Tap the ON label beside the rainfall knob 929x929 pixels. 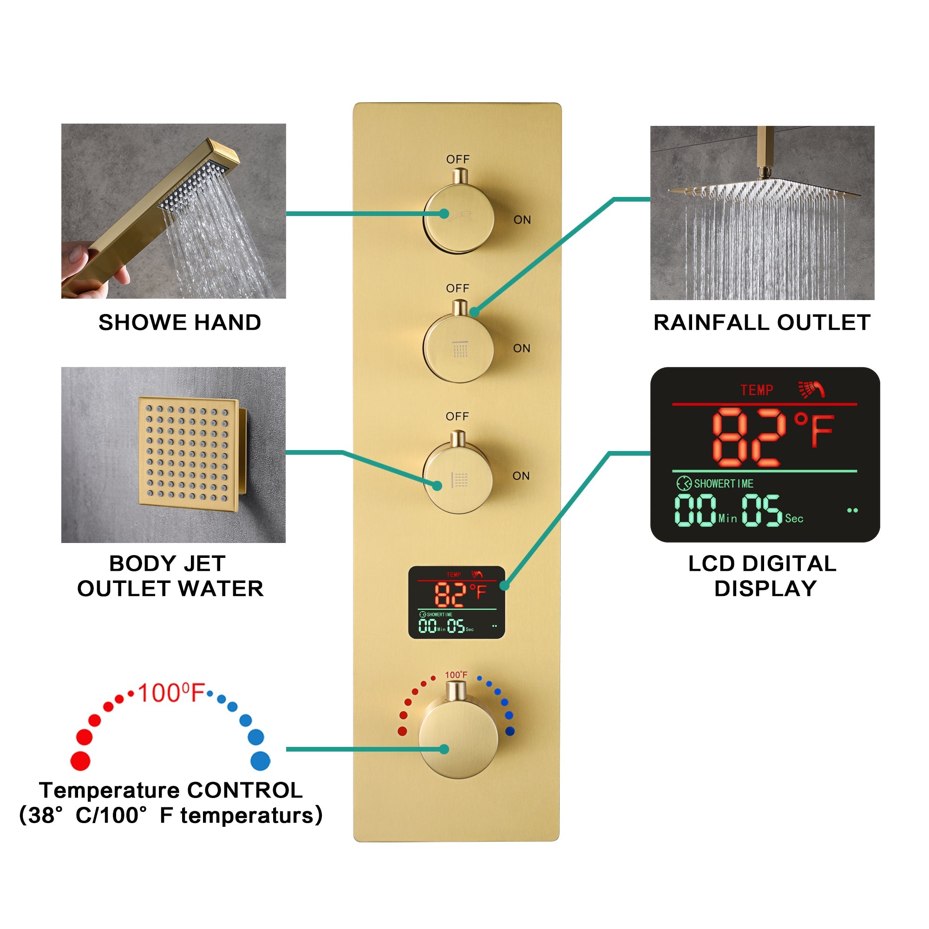click(x=522, y=348)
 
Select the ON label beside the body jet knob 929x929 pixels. click(x=521, y=476)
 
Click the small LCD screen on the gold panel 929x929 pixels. click(x=456, y=602)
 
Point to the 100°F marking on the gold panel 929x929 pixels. click(x=456, y=674)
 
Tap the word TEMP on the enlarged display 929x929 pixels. click(x=756, y=390)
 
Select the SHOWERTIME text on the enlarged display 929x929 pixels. click(x=723, y=483)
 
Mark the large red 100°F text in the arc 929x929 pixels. click(x=171, y=693)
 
